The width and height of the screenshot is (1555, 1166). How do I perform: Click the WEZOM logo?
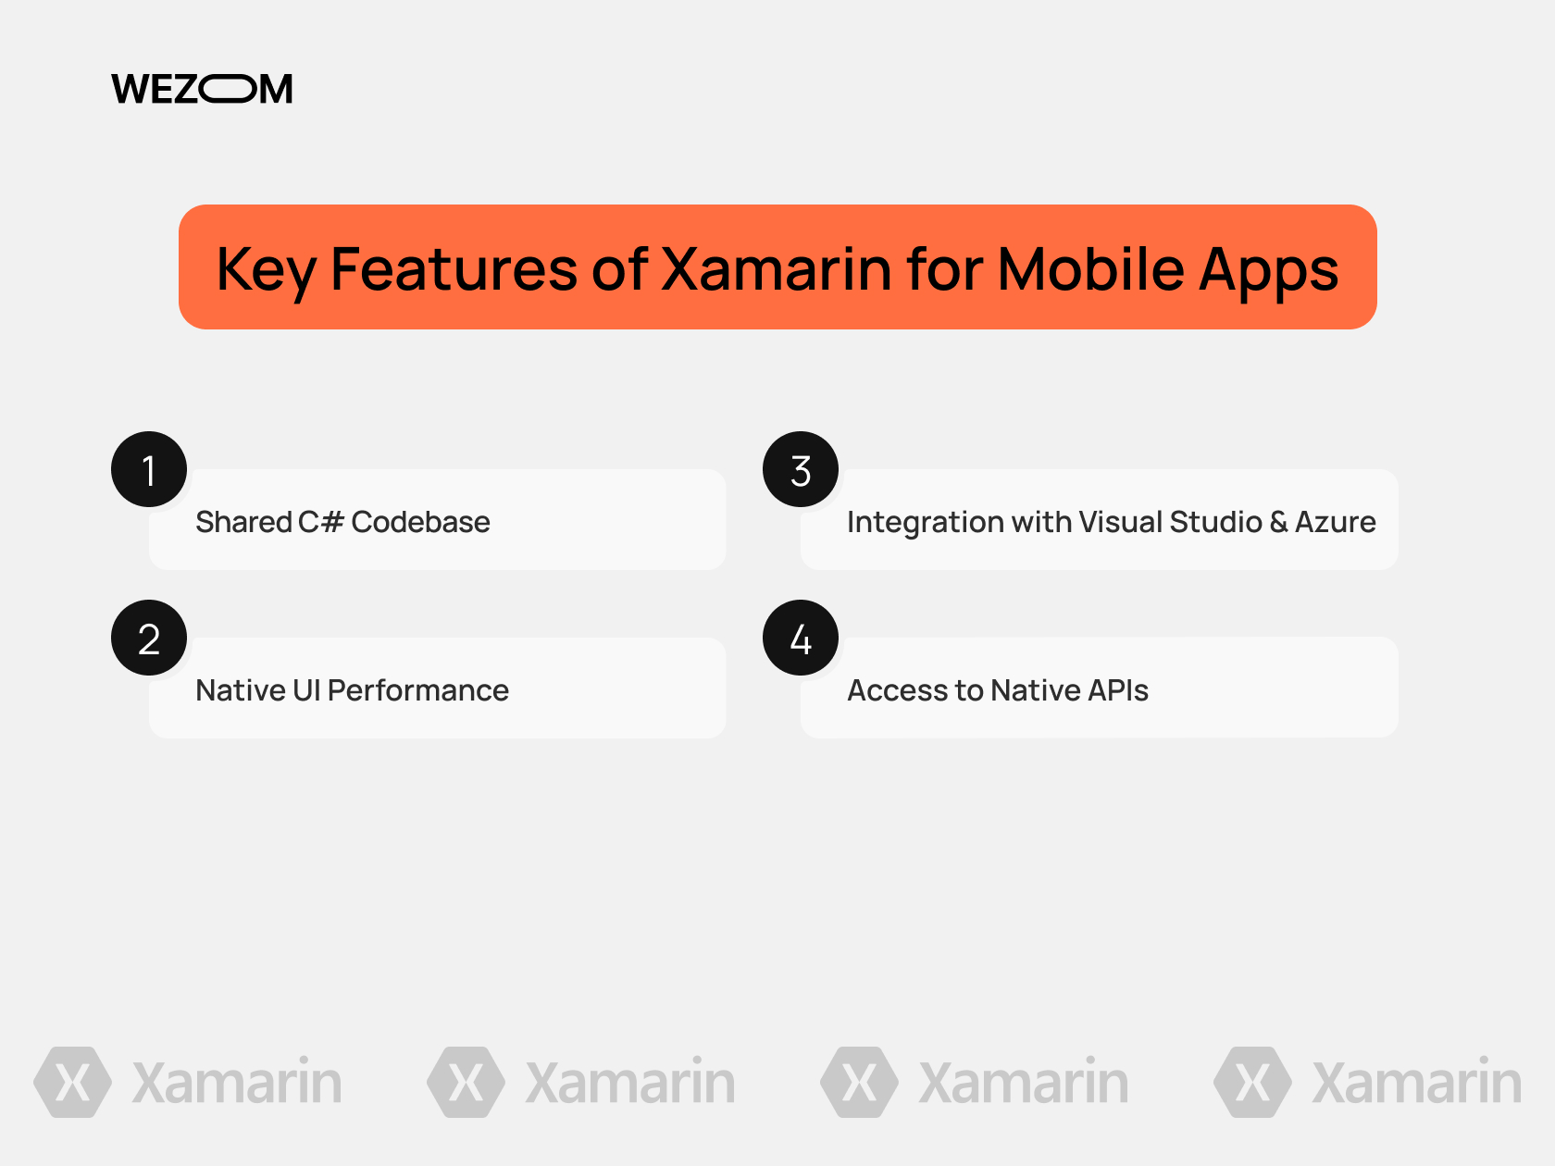(x=202, y=89)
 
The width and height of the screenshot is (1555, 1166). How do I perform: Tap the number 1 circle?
(x=149, y=469)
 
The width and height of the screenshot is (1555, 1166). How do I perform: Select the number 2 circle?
(x=149, y=638)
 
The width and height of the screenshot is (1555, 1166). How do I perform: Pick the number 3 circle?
(x=801, y=469)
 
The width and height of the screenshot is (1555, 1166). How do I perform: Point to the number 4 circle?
(x=801, y=638)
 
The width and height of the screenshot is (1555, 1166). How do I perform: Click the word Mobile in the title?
(x=1090, y=269)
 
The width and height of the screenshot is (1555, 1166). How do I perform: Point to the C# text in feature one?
(x=320, y=522)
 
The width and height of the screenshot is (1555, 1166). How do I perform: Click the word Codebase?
(x=420, y=522)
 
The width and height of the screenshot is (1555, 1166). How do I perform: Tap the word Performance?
(x=417, y=690)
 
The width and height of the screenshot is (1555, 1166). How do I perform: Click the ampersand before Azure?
(x=1278, y=522)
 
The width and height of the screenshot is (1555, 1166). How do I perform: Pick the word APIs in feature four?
(x=1118, y=690)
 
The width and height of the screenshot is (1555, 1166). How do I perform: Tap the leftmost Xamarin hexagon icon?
(x=73, y=1082)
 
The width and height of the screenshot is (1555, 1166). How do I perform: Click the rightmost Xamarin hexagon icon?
(x=1253, y=1082)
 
